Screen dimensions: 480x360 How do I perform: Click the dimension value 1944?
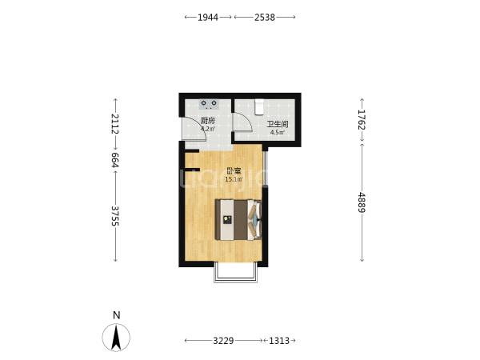pos(208,18)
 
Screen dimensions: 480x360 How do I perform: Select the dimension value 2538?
pos(265,18)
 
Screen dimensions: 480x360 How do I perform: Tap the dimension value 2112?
pos(115,124)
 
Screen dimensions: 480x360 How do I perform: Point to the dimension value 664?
pos(115,160)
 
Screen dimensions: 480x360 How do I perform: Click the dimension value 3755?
pos(115,216)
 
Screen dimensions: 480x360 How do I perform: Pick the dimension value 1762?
pos(362,120)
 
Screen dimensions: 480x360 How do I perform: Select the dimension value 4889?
pos(362,202)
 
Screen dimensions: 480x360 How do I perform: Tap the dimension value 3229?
pos(223,341)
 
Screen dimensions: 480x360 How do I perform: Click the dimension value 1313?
pos(279,341)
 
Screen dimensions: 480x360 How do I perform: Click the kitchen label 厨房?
pos(208,121)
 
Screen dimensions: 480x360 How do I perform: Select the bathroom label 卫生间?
pos(278,125)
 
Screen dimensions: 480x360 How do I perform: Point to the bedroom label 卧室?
pos(234,171)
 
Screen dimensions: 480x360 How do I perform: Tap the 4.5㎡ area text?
pos(278,133)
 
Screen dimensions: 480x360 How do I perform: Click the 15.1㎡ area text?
pos(234,179)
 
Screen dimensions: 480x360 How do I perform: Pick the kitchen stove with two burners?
pos(209,104)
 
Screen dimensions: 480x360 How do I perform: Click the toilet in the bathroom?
pos(259,107)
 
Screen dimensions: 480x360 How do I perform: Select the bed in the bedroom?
pos(238,220)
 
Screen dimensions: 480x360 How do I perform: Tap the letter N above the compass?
pos(116,315)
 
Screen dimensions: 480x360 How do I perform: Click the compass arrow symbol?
pos(116,338)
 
